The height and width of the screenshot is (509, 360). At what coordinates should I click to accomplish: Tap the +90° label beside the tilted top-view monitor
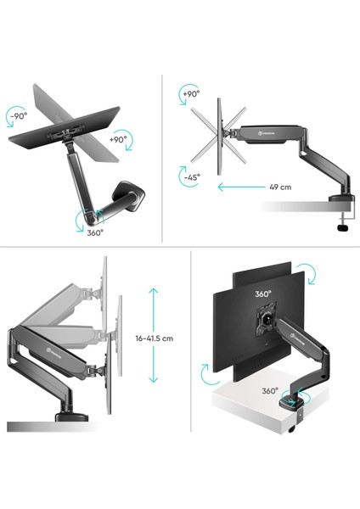[118, 137]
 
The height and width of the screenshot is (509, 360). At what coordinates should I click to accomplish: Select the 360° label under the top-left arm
[95, 232]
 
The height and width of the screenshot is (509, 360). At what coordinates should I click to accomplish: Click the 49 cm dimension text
[282, 187]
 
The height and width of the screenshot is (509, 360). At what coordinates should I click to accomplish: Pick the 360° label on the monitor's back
[262, 294]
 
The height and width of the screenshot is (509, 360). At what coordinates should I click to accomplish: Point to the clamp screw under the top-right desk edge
[345, 223]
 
